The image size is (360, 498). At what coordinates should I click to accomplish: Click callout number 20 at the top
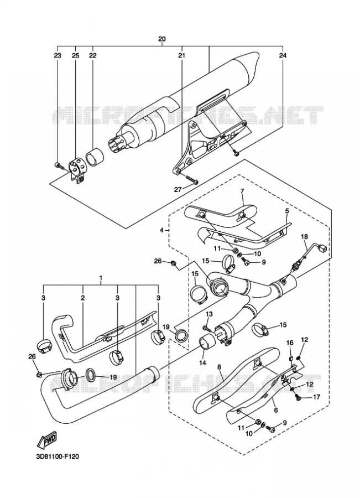(162, 39)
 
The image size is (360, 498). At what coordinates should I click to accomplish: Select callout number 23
(57, 55)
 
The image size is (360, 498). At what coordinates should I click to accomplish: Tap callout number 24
(283, 55)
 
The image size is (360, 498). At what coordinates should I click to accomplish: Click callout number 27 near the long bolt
(178, 190)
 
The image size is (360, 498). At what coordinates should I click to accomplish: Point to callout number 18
(305, 236)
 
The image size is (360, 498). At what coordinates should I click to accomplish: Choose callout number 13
(209, 314)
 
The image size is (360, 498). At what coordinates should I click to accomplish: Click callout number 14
(202, 362)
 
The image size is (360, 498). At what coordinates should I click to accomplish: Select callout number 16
(290, 343)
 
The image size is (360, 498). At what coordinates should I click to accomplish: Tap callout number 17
(316, 397)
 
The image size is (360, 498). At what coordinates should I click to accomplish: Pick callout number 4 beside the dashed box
(162, 230)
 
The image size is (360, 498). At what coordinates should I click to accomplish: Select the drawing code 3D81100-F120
(58, 456)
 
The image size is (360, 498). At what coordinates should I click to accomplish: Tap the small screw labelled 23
(58, 165)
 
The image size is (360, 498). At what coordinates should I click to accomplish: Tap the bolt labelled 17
(298, 397)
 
